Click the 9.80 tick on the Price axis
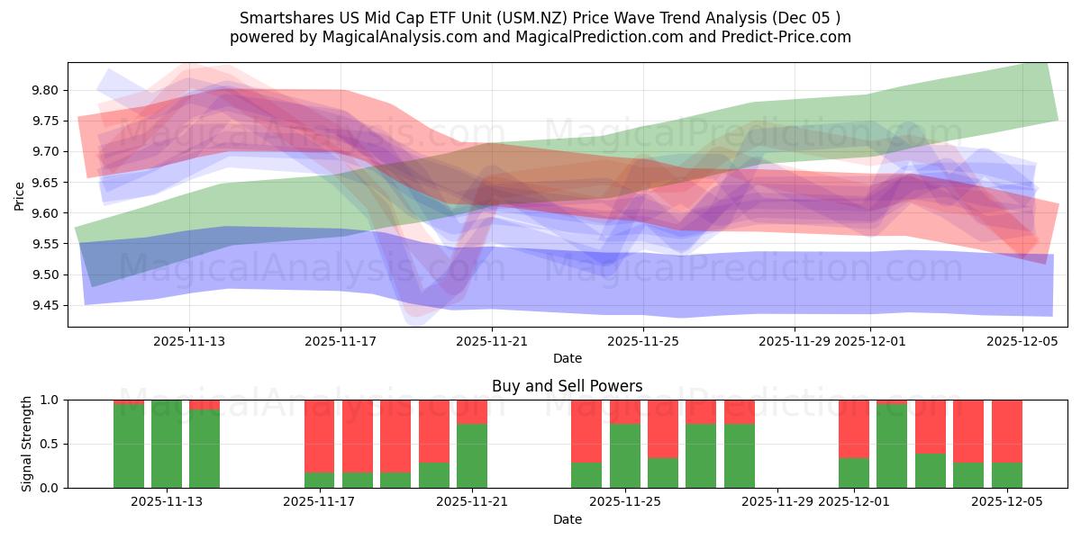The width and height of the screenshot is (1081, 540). click(46, 90)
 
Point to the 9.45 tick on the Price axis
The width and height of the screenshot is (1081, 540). click(46, 306)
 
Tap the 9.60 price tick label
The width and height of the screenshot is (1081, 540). click(46, 213)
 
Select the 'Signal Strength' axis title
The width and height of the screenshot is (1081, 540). click(27, 444)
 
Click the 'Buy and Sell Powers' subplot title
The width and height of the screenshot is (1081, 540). click(567, 386)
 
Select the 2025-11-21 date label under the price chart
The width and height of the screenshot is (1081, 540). click(492, 341)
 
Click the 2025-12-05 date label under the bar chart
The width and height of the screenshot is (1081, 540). click(1007, 501)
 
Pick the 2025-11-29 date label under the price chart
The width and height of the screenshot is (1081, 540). click(795, 341)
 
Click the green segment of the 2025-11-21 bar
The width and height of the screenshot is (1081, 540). click(472, 455)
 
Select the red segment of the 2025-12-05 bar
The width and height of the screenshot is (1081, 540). click(1007, 430)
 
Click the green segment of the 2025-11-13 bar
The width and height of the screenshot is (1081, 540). click(167, 444)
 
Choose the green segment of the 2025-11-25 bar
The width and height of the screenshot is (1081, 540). click(625, 455)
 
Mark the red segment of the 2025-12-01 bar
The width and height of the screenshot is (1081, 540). click(854, 428)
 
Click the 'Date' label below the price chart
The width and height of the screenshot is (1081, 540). click(567, 358)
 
